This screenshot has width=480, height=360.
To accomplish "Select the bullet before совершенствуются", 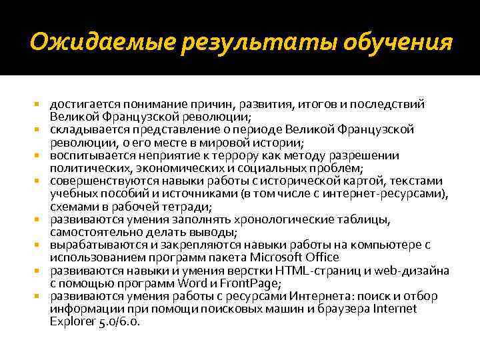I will point(39,181).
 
